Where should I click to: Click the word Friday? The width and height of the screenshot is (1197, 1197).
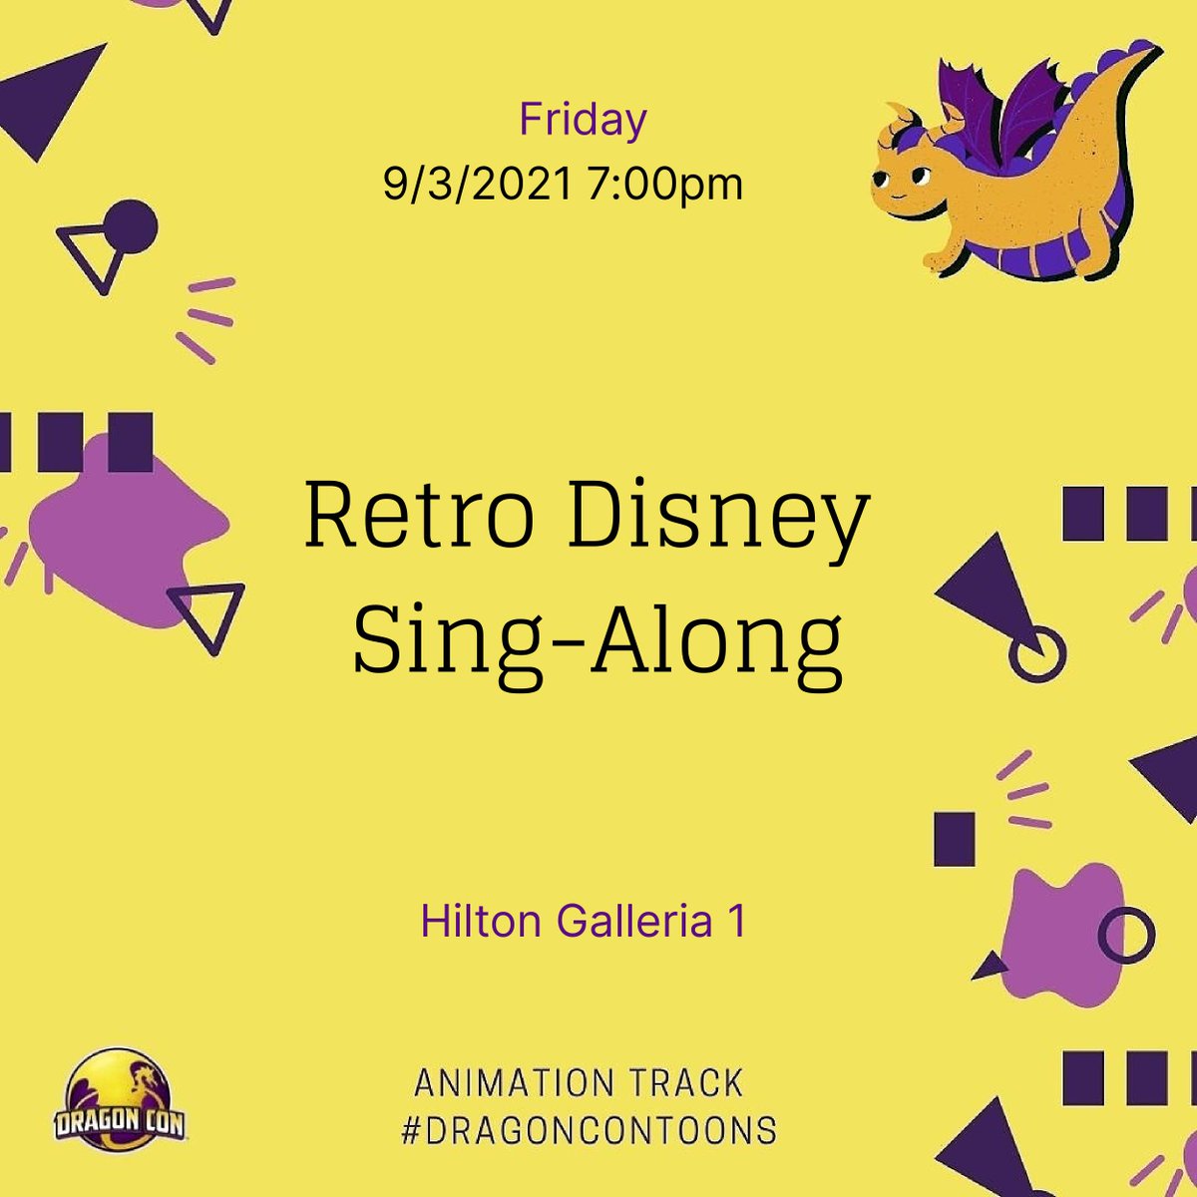[x=583, y=121]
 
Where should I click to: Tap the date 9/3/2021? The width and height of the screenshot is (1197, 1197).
[x=478, y=185]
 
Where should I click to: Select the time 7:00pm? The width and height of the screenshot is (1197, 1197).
[x=665, y=185]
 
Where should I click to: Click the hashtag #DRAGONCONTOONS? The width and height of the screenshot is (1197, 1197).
[x=589, y=1131]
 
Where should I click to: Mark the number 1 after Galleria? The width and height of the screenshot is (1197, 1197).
[x=735, y=921]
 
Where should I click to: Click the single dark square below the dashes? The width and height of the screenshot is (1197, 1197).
[x=954, y=838]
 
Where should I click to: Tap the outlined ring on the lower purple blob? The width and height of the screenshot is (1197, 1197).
[x=1126, y=936]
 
